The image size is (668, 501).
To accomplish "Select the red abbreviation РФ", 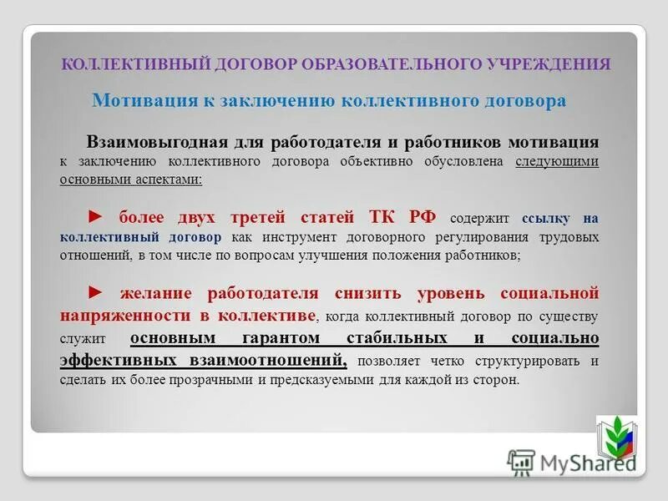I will click(423, 218).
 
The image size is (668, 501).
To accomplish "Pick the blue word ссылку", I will click(545, 219).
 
